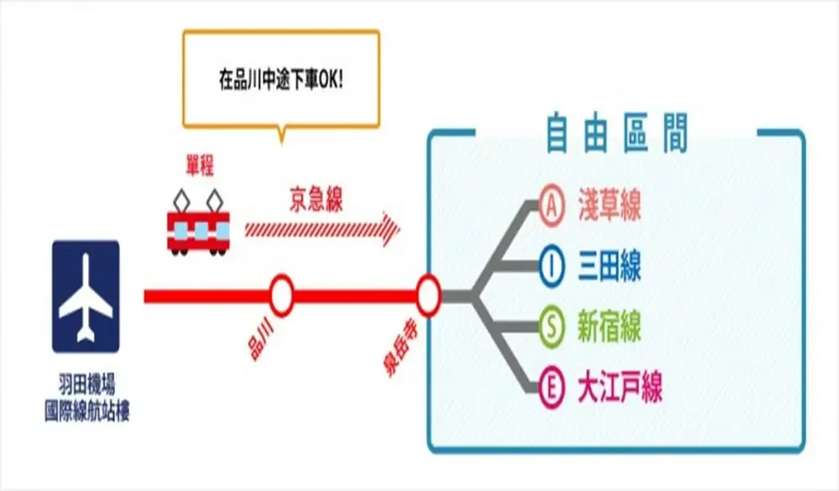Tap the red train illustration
[x=198, y=229]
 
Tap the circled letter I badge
[x=550, y=268]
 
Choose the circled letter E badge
[x=550, y=389]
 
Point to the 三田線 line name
[x=610, y=268]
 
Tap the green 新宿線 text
[x=610, y=328]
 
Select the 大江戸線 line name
[x=621, y=389]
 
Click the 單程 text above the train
[x=200, y=168]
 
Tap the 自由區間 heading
[x=617, y=133]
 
